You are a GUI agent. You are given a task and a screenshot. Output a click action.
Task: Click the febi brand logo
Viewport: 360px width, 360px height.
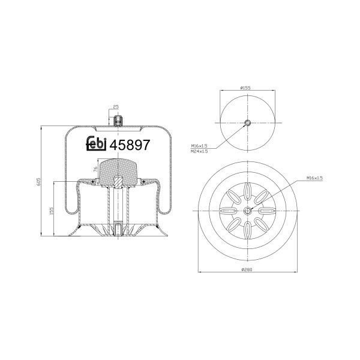click(x=96, y=144)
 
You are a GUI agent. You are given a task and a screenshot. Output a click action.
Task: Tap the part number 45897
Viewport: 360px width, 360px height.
click(x=130, y=145)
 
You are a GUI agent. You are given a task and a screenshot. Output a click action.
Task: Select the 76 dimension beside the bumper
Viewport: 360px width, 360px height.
click(x=95, y=169)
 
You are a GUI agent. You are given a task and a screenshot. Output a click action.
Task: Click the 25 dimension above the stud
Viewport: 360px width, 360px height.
click(x=116, y=107)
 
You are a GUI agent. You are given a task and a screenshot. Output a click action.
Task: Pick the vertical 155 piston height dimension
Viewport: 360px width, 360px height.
click(x=52, y=211)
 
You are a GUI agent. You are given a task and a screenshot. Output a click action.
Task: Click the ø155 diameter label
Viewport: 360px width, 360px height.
click(x=245, y=88)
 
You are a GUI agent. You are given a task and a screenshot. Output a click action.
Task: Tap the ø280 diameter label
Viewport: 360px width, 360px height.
click(x=247, y=269)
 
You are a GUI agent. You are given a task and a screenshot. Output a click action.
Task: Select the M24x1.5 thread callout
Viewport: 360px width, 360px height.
click(x=199, y=151)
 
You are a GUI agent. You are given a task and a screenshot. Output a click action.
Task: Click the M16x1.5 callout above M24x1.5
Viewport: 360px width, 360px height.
click(x=199, y=146)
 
